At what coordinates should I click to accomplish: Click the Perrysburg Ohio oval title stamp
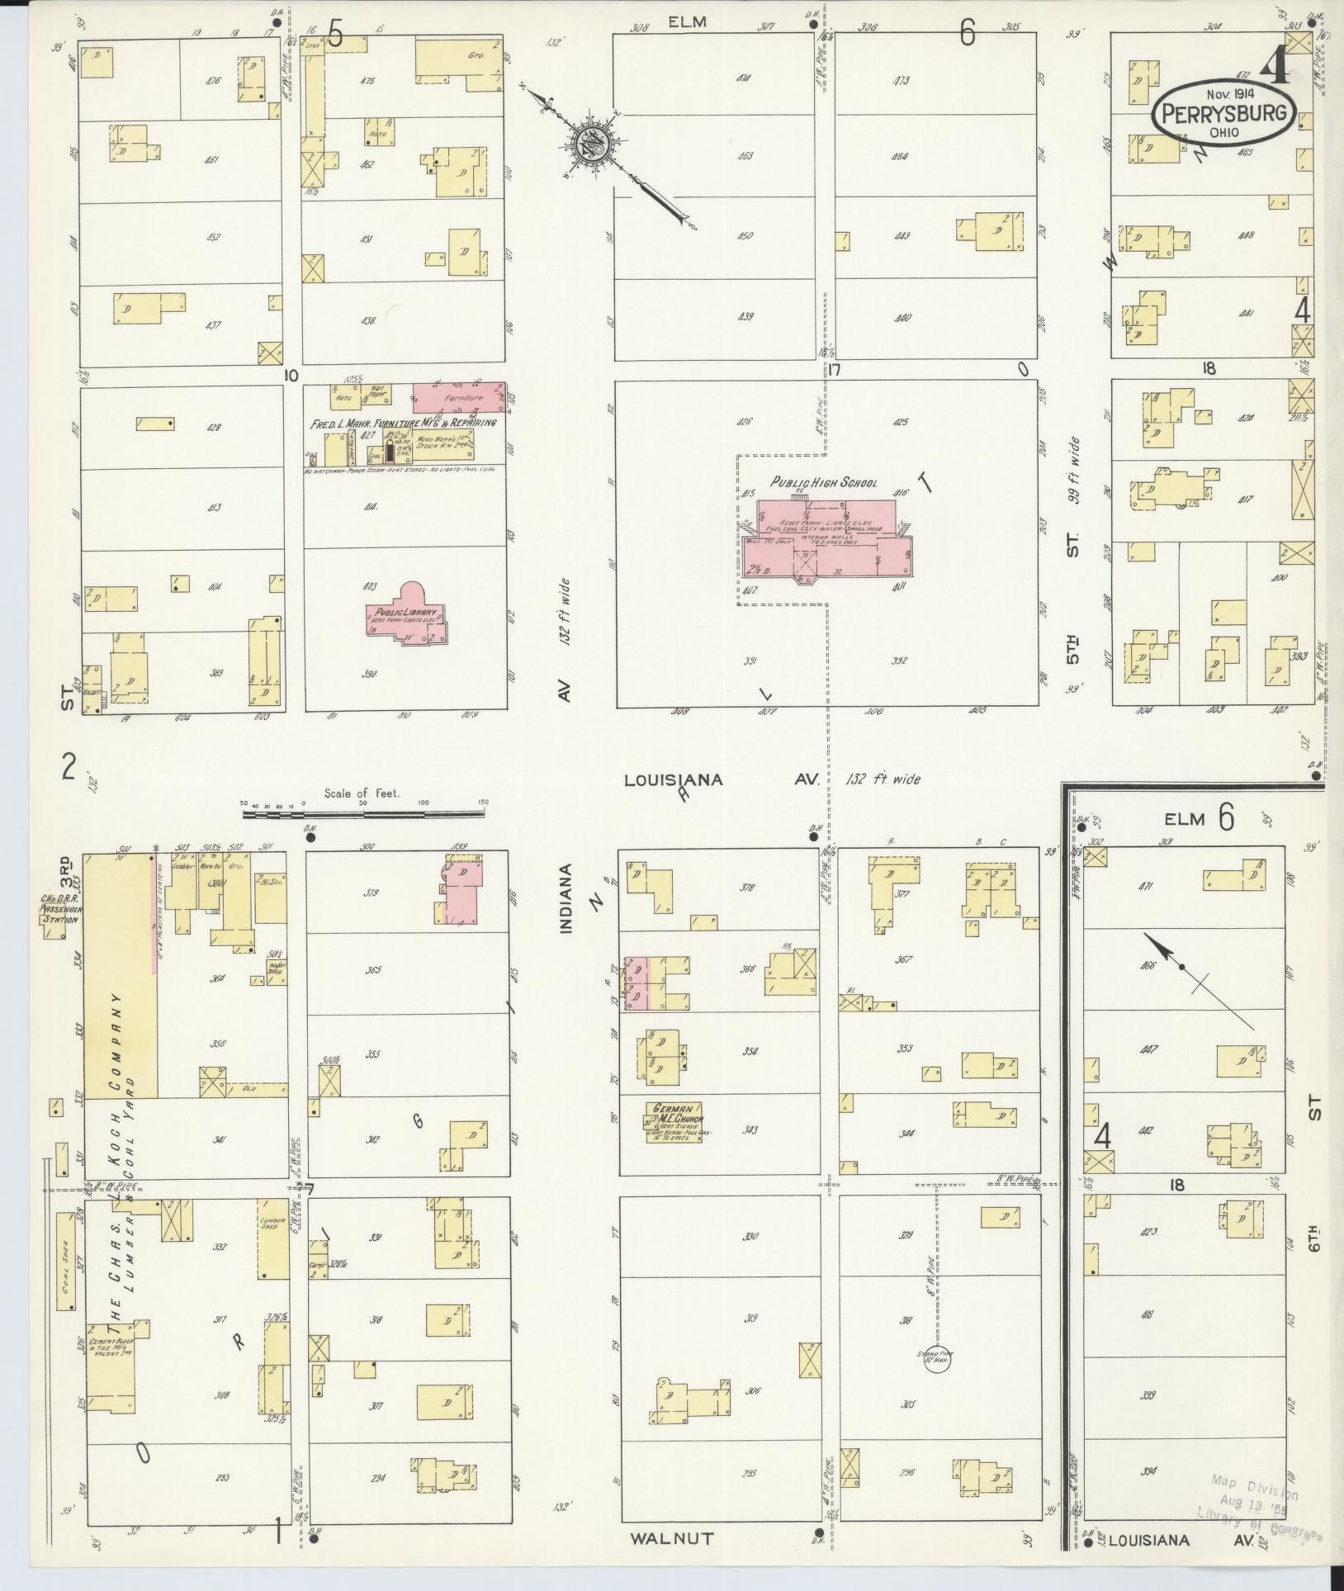tap(1223, 116)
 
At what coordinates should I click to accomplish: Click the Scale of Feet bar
tap(364, 814)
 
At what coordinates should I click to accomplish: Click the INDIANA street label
tap(566, 898)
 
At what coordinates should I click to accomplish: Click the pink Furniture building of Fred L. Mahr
tap(459, 398)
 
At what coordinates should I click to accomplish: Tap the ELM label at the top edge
tap(688, 22)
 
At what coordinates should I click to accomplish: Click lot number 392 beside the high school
tap(899, 660)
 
